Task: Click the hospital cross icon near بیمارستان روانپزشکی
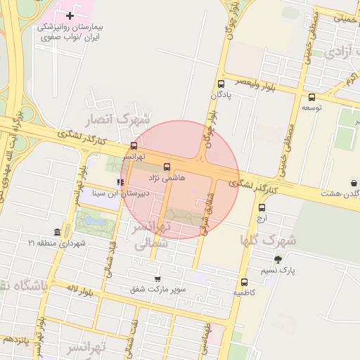[70, 15]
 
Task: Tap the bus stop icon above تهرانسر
[134, 146]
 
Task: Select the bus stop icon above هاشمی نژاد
[167, 167]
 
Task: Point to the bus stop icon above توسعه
[311, 97]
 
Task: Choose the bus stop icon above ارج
[262, 207]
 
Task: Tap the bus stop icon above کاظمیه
[244, 281]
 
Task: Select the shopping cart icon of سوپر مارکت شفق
[157, 278]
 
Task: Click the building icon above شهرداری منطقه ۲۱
[56, 233]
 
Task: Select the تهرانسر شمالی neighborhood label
[151, 236]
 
